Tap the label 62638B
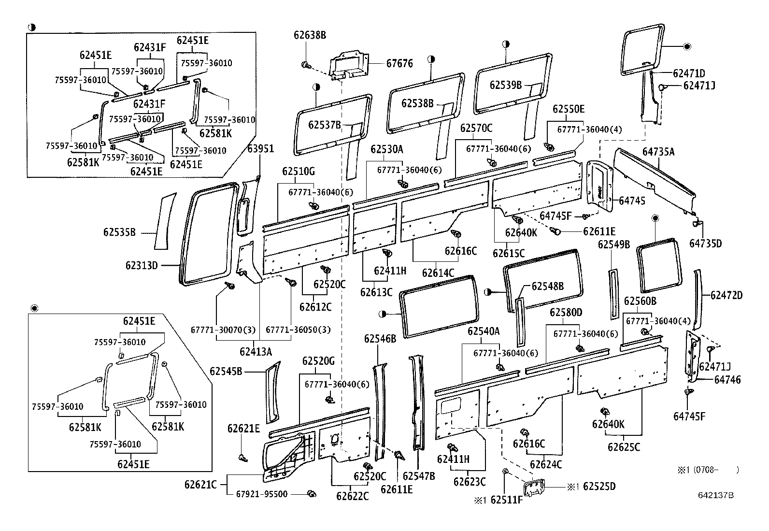pyautogui.click(x=310, y=35)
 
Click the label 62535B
pyautogui.click(x=119, y=232)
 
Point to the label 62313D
pyautogui.click(x=142, y=265)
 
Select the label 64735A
pyautogui.click(x=658, y=152)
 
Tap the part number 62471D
pyautogui.click(x=689, y=73)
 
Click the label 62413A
pyautogui.click(x=256, y=352)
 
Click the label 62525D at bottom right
pyautogui.click(x=599, y=486)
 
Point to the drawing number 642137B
pyautogui.click(x=715, y=495)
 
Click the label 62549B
pyautogui.click(x=614, y=244)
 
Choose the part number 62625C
pyautogui.click(x=624, y=447)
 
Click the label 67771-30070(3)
pyautogui.click(x=215, y=330)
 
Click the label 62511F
pyautogui.click(x=506, y=500)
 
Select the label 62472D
pyautogui.click(x=726, y=295)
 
